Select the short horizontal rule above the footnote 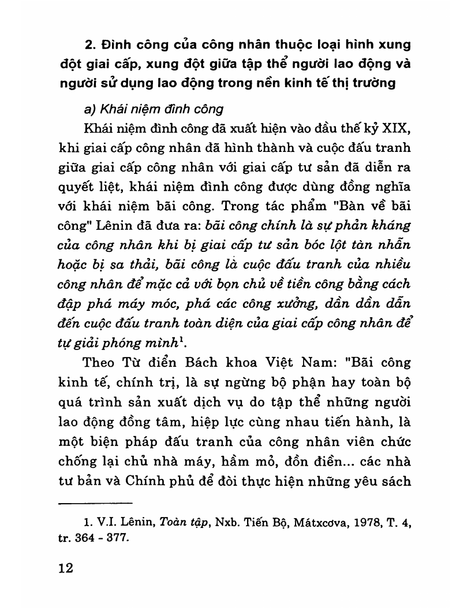[x=96, y=503]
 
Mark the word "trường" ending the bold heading [x=375, y=83]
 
